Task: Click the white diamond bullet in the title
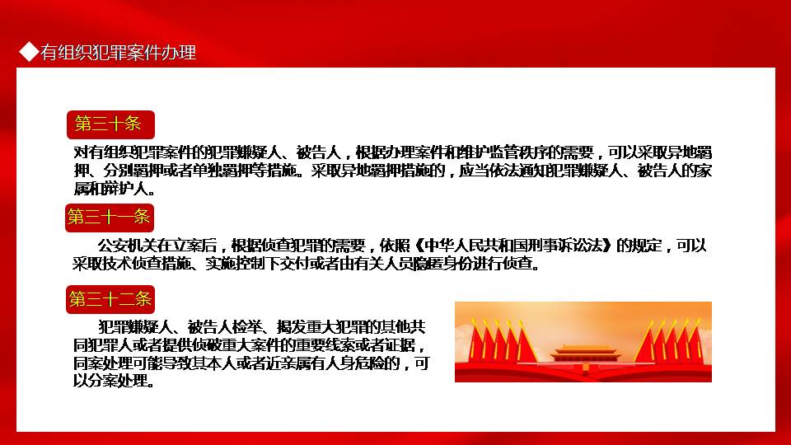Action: click(x=29, y=51)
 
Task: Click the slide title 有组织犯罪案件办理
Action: click(x=118, y=53)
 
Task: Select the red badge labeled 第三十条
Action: click(x=110, y=124)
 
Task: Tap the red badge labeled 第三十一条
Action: click(x=110, y=218)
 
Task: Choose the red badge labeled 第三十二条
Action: click(x=110, y=300)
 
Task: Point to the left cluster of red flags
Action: click(x=503, y=341)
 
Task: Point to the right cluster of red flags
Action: click(x=668, y=341)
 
